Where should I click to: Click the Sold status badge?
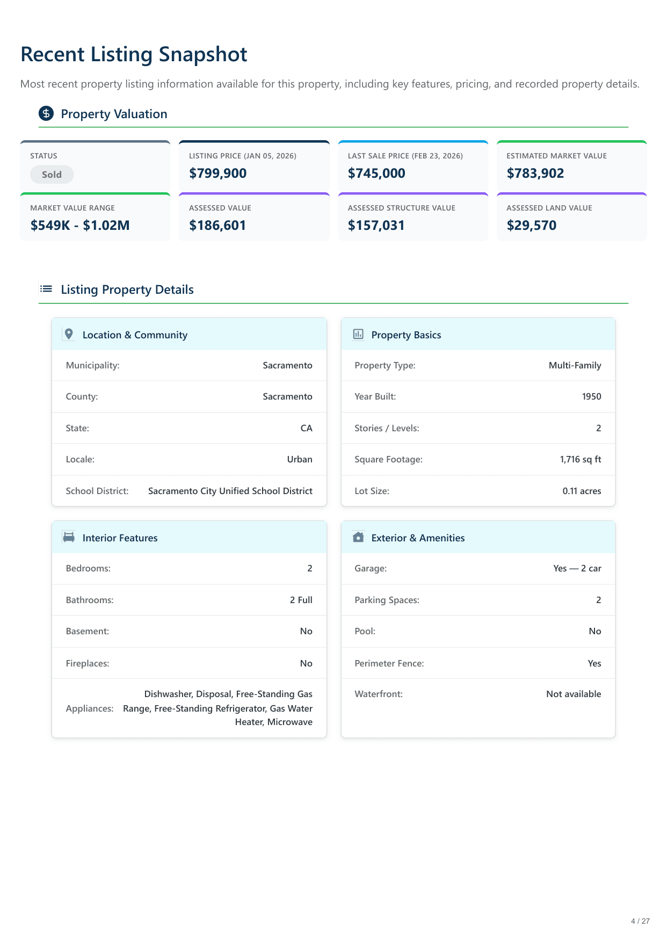[52, 175]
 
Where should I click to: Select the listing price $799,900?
[218, 173]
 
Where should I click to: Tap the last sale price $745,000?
[376, 173]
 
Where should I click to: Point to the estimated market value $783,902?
[535, 173]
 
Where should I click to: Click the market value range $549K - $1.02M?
[80, 226]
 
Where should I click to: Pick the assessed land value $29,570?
[531, 226]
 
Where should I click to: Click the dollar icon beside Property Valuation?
[46, 114]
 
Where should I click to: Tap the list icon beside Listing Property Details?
[46, 289]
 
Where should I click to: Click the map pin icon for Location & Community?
[69, 334]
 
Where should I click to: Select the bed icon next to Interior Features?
[69, 537]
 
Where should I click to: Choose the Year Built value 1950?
[591, 396]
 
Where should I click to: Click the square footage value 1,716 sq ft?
[580, 459]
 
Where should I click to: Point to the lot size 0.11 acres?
[582, 491]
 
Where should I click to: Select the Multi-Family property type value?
[575, 365]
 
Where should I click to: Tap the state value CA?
[306, 428]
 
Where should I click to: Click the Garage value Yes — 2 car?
[577, 568]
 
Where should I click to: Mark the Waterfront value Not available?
[573, 694]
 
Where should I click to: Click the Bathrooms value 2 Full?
[301, 600]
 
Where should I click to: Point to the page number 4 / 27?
[640, 921]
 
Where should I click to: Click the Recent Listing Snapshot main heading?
[134, 54]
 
